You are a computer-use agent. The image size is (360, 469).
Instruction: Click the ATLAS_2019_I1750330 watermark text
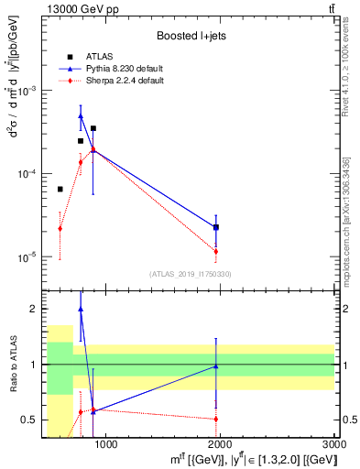pos(190,274)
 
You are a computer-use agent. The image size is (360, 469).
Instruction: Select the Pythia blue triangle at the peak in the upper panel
pos(81,116)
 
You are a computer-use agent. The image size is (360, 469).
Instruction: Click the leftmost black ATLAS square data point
pos(60,189)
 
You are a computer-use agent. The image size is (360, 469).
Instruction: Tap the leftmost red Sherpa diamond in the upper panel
pos(60,228)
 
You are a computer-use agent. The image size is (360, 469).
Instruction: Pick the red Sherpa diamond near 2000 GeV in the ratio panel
pos(215,419)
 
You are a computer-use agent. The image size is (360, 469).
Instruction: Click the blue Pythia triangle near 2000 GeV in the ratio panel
pos(215,365)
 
